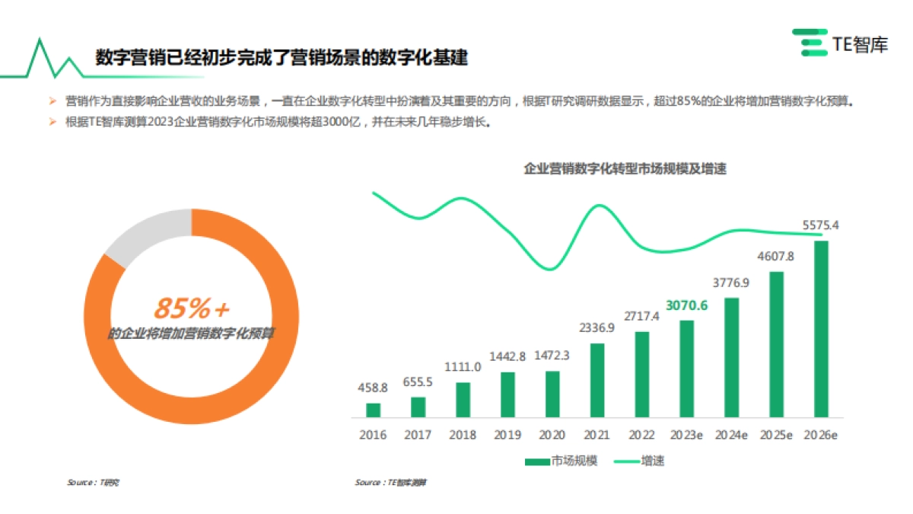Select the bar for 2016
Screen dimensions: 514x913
(373, 410)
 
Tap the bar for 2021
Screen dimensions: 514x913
(597, 380)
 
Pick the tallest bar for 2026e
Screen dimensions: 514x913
(821, 329)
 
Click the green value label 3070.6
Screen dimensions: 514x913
(686, 305)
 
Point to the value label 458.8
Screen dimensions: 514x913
(373, 388)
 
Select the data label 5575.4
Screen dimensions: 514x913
(821, 225)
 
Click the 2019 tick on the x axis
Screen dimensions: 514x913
(507, 435)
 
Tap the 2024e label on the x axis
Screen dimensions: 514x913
(731, 435)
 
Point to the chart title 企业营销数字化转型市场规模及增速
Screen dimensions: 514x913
(625, 169)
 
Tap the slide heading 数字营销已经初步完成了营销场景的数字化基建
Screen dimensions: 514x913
(281, 58)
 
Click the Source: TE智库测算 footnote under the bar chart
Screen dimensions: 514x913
(391, 483)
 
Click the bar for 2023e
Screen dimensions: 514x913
(686, 369)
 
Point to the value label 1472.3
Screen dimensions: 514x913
(552, 356)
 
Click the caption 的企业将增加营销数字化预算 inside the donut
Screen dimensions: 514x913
(192, 333)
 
